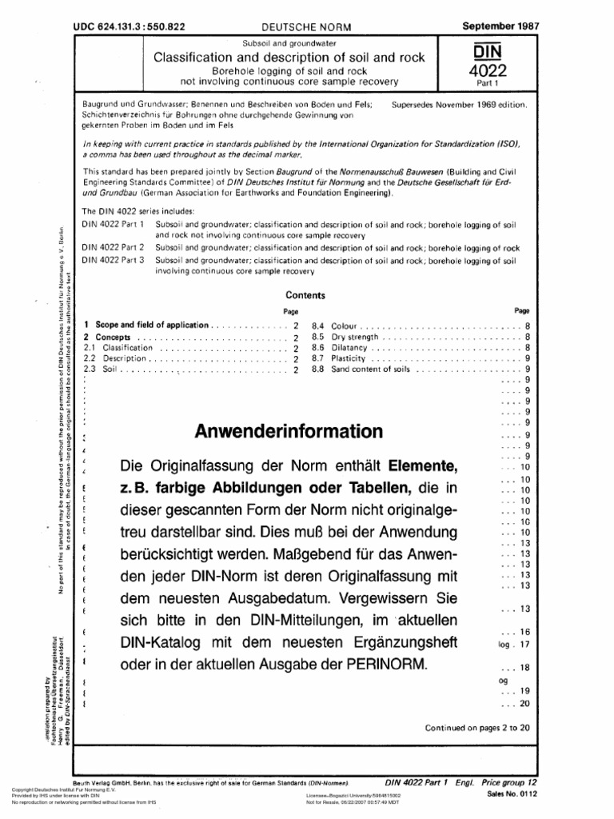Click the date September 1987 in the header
tap(501, 26)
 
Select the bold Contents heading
tap(305, 295)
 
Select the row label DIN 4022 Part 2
tap(115, 249)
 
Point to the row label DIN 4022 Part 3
tap(115, 261)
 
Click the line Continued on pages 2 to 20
tap(478, 728)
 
